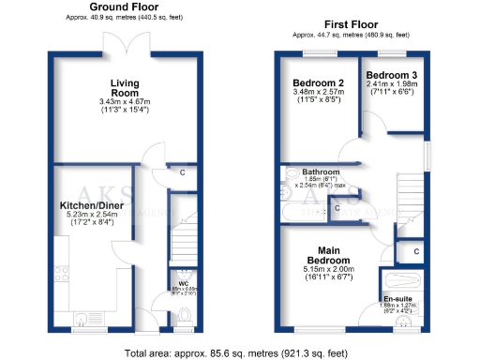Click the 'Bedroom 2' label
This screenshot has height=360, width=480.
(318, 83)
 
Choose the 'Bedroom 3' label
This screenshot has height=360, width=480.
(393, 74)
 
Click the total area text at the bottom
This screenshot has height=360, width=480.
(240, 352)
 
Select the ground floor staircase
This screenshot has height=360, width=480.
(185, 239)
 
